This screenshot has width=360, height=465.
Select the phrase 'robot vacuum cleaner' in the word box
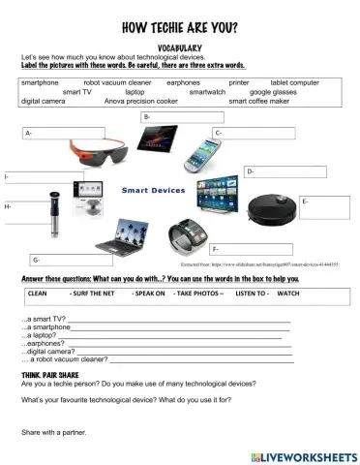click(x=116, y=83)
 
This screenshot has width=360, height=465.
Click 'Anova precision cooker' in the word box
click(x=141, y=100)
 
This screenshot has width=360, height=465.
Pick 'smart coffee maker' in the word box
click(x=259, y=100)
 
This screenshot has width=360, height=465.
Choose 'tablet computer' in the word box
click(x=294, y=83)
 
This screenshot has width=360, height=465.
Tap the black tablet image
click(x=159, y=140)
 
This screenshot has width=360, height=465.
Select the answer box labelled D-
click(x=287, y=172)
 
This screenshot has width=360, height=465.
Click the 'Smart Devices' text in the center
click(x=153, y=191)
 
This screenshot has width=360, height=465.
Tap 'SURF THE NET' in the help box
click(x=91, y=292)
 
